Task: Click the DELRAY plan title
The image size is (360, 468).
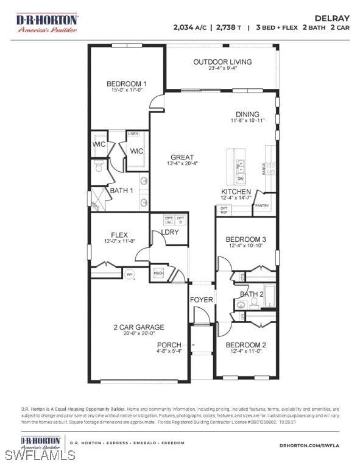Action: click(333, 18)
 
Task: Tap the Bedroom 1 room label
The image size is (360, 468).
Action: click(126, 84)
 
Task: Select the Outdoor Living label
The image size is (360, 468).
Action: click(222, 62)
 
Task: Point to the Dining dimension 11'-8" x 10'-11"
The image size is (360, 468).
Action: click(247, 121)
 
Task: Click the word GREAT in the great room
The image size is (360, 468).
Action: click(182, 157)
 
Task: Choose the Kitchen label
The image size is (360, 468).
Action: click(236, 191)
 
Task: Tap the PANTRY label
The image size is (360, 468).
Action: click(262, 206)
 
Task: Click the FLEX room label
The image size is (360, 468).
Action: click(119, 235)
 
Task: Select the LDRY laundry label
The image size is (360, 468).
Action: click(170, 232)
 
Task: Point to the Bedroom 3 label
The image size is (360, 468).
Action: click(245, 239)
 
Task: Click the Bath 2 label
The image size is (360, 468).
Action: click(251, 294)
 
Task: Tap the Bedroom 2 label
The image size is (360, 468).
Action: click(245, 345)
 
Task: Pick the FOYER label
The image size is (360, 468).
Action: click(201, 300)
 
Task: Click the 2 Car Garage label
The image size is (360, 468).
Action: click(138, 327)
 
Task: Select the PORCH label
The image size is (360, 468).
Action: click(169, 345)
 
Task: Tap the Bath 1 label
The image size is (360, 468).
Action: click(121, 191)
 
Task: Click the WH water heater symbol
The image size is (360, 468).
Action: click(129, 275)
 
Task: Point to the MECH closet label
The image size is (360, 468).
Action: click(158, 273)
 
